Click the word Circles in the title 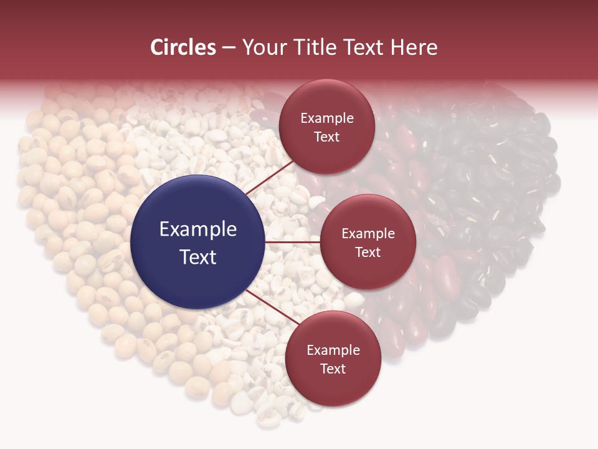183,47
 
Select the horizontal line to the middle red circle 292,242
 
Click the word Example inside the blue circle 198,229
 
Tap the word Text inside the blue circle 198,257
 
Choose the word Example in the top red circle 327,118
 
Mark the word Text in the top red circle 327,137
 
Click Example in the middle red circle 368,234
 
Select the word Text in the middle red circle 368,252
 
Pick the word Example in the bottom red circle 333,350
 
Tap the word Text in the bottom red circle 333,369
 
